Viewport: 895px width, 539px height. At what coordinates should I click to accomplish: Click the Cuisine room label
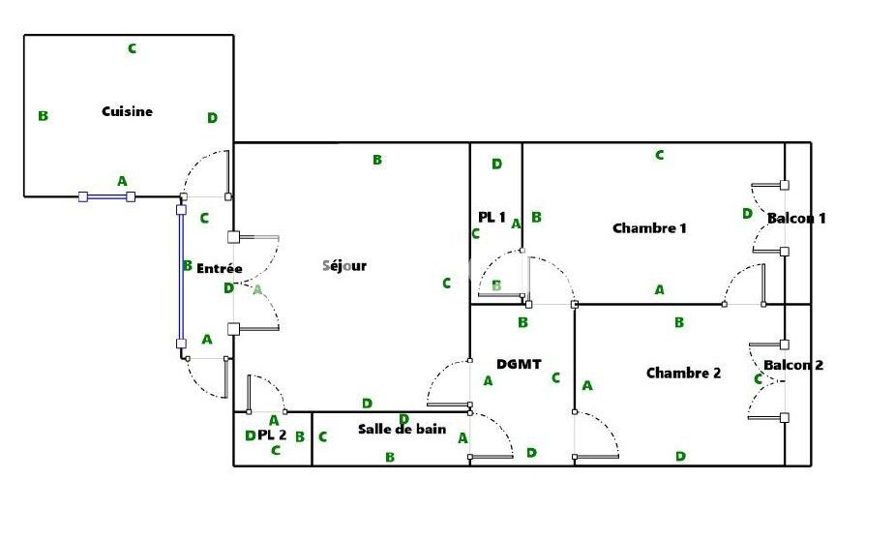click(127, 112)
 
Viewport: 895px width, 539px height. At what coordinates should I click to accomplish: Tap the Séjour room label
click(344, 266)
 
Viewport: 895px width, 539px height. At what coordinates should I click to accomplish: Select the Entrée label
click(219, 268)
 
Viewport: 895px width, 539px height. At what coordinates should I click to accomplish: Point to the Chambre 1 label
click(649, 228)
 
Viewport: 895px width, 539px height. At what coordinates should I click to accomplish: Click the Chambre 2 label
click(683, 373)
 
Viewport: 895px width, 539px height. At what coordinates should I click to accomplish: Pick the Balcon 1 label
click(796, 219)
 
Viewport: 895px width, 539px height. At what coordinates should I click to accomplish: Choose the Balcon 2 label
click(793, 365)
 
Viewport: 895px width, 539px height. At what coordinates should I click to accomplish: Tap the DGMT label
click(518, 364)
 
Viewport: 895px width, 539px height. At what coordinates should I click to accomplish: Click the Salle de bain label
click(402, 429)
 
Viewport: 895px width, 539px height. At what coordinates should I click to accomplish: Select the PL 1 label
click(492, 218)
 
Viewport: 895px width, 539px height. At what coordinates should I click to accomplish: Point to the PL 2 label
click(272, 435)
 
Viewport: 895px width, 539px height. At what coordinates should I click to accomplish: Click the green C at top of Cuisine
click(132, 48)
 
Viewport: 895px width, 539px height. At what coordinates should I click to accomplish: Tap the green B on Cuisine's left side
click(43, 116)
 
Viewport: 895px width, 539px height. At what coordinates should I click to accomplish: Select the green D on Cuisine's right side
click(212, 118)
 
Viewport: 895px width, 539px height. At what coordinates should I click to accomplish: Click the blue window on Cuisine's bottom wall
click(106, 196)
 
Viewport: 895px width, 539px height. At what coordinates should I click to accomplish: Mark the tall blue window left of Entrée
click(181, 276)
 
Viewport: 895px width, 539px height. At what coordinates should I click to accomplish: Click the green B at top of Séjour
click(377, 160)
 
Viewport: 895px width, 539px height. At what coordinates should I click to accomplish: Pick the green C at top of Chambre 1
click(659, 155)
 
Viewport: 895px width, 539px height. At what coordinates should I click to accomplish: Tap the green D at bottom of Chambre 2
click(680, 456)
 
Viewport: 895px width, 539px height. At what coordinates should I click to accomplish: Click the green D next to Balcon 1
click(746, 213)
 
